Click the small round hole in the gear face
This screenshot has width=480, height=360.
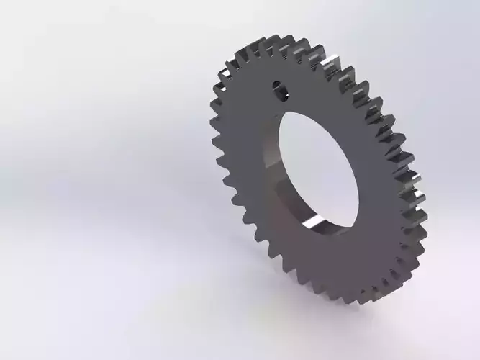[x=279, y=89]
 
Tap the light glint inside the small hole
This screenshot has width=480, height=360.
[x=283, y=91]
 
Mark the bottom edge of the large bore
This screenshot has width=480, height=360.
[x=338, y=232]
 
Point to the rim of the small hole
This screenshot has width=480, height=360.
[x=273, y=85]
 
